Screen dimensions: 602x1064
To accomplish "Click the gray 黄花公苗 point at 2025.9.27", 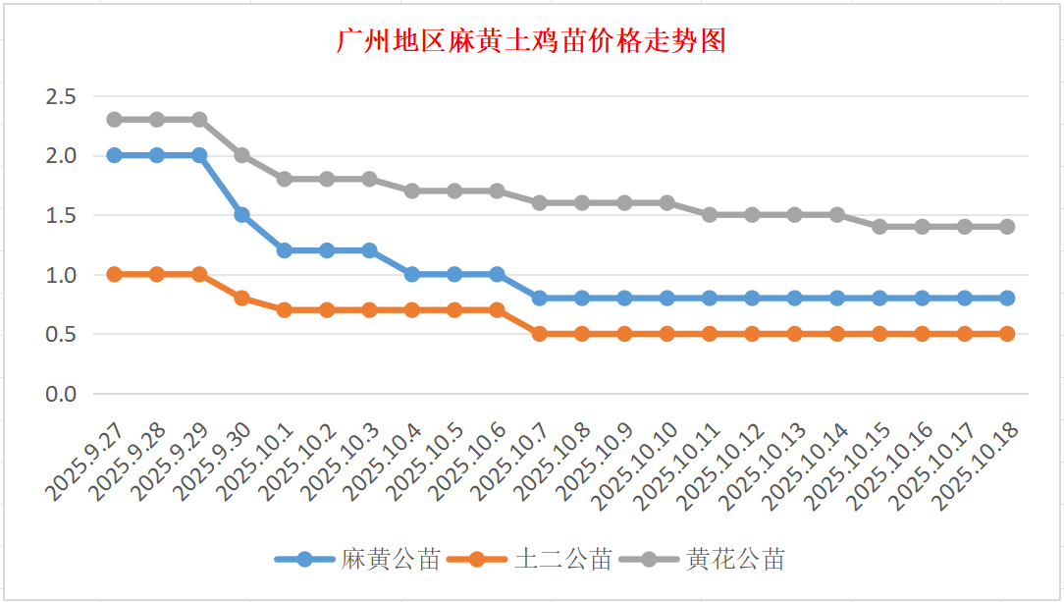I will point(114,120).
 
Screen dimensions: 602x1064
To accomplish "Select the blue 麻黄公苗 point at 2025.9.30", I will point(241,214).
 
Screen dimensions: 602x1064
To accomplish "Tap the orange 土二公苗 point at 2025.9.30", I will point(241,298).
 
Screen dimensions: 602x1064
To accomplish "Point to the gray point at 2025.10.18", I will point(1007,226).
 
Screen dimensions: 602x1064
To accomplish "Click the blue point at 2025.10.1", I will point(284,250).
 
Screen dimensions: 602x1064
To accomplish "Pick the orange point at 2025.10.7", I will point(539,334).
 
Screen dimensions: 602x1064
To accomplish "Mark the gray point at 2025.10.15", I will point(879,226).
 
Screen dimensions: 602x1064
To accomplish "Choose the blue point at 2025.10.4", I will point(411,274).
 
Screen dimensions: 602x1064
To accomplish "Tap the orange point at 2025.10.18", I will point(1007,334).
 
